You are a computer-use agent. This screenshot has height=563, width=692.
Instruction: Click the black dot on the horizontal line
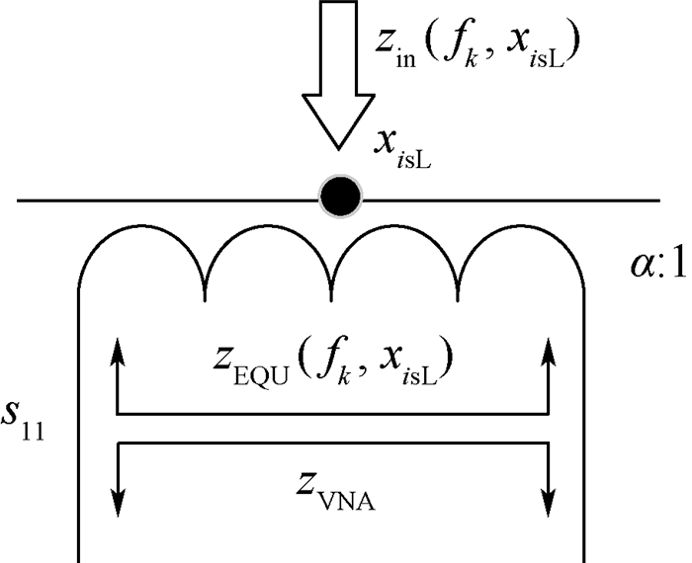coord(340,200)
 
